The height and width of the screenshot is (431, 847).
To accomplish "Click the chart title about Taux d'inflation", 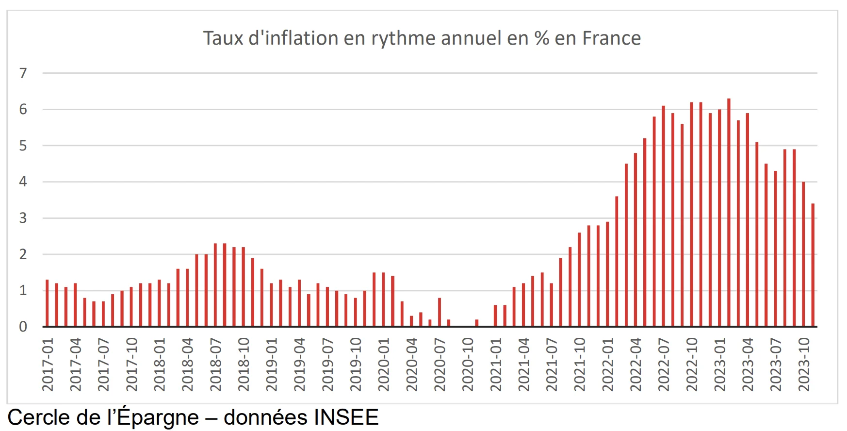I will coord(422,38).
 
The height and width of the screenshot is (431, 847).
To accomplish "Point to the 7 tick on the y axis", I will coord(23,73).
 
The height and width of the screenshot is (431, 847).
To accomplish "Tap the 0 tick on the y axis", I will coord(23,327).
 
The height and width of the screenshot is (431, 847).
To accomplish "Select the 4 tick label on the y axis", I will coord(23,182).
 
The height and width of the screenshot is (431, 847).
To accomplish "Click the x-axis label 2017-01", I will coord(48,365).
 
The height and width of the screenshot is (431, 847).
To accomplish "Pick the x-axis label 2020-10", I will coord(468,365).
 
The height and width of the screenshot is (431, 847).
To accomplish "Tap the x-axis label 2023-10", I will coord(804,365).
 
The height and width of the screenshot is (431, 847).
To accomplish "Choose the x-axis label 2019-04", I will coord(299,365).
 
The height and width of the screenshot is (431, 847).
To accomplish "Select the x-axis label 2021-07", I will coord(552,365).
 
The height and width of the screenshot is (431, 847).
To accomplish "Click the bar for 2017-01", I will coord(47,303).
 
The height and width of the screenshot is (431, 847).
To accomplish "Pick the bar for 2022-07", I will coord(664,216).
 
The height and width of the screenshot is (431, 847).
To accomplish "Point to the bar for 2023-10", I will coord(803,254).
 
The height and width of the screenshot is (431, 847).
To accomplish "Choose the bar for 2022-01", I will coord(607,274).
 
